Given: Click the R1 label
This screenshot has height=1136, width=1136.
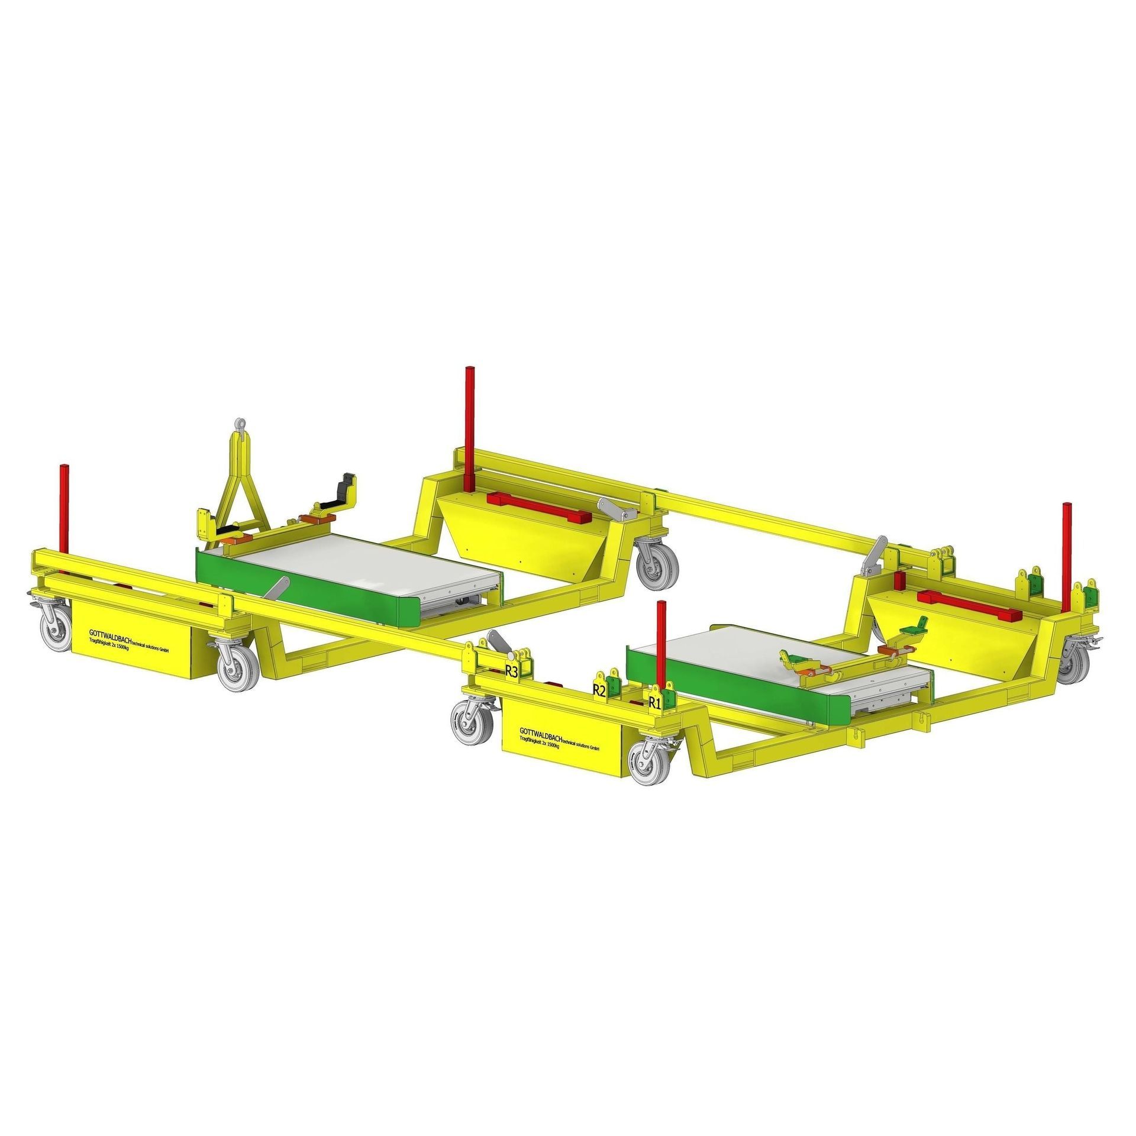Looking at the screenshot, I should (654, 703).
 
